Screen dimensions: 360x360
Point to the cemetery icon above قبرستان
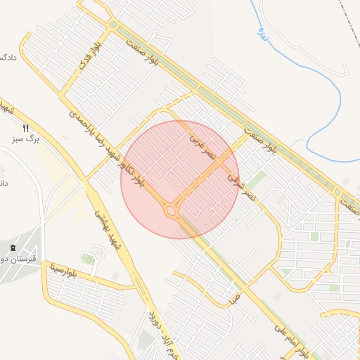pyautogui.click(x=13, y=247)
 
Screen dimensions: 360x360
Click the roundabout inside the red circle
pyautogui.click(x=170, y=210)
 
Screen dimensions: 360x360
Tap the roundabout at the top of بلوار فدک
pyautogui.click(x=112, y=25)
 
